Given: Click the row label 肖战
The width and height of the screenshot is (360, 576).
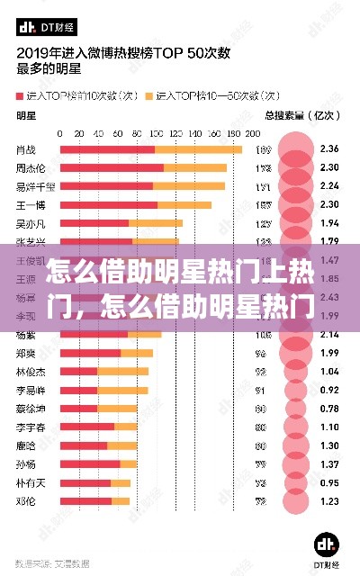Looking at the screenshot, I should [27, 149].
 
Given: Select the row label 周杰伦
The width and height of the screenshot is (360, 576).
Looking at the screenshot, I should [31, 168].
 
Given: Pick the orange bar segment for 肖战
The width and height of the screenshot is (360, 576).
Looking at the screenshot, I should [198, 149].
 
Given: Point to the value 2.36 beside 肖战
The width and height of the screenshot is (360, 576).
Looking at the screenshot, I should [329, 149].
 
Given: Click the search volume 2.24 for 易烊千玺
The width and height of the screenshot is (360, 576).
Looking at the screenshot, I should [329, 186].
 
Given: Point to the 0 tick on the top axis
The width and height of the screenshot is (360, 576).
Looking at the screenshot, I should [60, 134].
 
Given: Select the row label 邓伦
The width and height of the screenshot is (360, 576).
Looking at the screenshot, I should [27, 500].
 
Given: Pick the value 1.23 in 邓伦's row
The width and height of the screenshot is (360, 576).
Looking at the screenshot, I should [329, 500].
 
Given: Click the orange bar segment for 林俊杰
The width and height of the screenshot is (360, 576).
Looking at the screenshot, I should [122, 371].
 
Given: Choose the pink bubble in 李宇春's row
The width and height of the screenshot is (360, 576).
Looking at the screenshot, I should [296, 427].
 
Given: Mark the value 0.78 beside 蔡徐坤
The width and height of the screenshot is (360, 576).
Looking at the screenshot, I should [329, 408].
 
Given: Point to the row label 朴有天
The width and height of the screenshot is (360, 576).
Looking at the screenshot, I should [31, 482].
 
